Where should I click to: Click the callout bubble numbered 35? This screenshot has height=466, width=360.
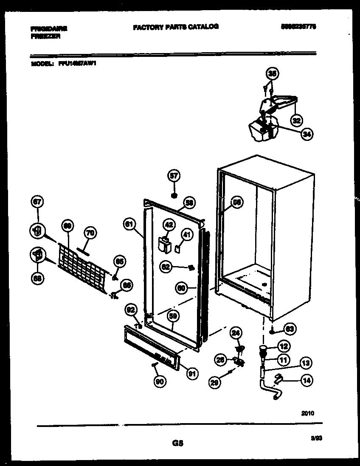pos(272,74)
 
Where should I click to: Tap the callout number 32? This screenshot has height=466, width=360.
pos(296,120)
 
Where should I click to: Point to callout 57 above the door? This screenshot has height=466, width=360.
pos(173,175)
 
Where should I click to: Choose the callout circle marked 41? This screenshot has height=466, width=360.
pos(187,234)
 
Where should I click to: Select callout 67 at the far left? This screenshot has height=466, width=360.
pos(37,203)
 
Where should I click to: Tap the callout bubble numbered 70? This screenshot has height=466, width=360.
pos(90,233)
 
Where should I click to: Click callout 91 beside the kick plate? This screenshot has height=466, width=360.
pos(192,374)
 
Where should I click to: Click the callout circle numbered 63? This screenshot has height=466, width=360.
pos(291,328)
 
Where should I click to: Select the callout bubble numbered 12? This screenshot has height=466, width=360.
pos(284,346)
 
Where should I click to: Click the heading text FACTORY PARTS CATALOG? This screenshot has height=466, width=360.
pos(176,27)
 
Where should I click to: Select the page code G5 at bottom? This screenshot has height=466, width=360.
pos(177,444)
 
